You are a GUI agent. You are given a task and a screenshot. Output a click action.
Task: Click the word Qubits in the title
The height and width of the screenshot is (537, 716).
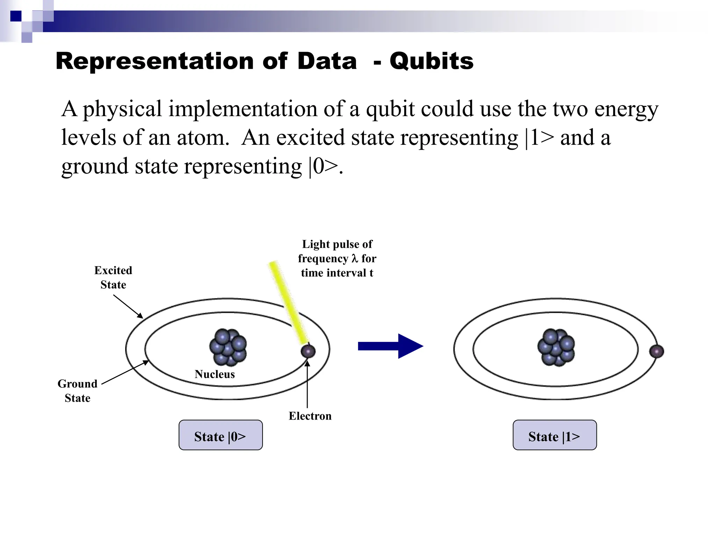click(x=431, y=61)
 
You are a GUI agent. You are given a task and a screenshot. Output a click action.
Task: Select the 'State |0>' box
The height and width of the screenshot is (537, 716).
click(x=220, y=435)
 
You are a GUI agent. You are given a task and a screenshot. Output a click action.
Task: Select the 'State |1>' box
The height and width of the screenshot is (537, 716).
click(x=554, y=435)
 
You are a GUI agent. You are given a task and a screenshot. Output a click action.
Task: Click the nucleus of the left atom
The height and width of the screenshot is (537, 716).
click(x=228, y=347)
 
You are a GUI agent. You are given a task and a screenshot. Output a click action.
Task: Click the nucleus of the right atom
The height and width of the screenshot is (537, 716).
click(x=556, y=347)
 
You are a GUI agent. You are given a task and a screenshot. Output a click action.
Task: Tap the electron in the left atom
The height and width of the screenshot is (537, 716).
click(x=308, y=351)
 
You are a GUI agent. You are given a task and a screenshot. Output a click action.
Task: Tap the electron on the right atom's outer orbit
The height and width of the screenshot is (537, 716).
click(x=656, y=351)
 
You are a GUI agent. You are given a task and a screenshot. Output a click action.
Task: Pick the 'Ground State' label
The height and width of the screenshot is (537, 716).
click(x=78, y=391)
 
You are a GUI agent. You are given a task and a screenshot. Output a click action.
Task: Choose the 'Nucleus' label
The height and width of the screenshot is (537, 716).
click(x=215, y=374)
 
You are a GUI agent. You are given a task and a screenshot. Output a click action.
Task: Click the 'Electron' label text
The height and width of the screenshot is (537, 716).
click(x=310, y=416)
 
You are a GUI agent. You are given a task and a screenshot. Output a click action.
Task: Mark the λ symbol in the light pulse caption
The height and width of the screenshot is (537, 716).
click(x=355, y=258)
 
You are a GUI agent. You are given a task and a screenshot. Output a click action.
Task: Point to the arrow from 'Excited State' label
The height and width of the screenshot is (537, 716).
click(x=128, y=307)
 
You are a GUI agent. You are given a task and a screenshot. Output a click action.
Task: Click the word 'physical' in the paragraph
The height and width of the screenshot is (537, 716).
click(x=122, y=109)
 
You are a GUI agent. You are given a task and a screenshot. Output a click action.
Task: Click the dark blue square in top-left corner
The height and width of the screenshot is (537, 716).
click(x=16, y=16)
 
